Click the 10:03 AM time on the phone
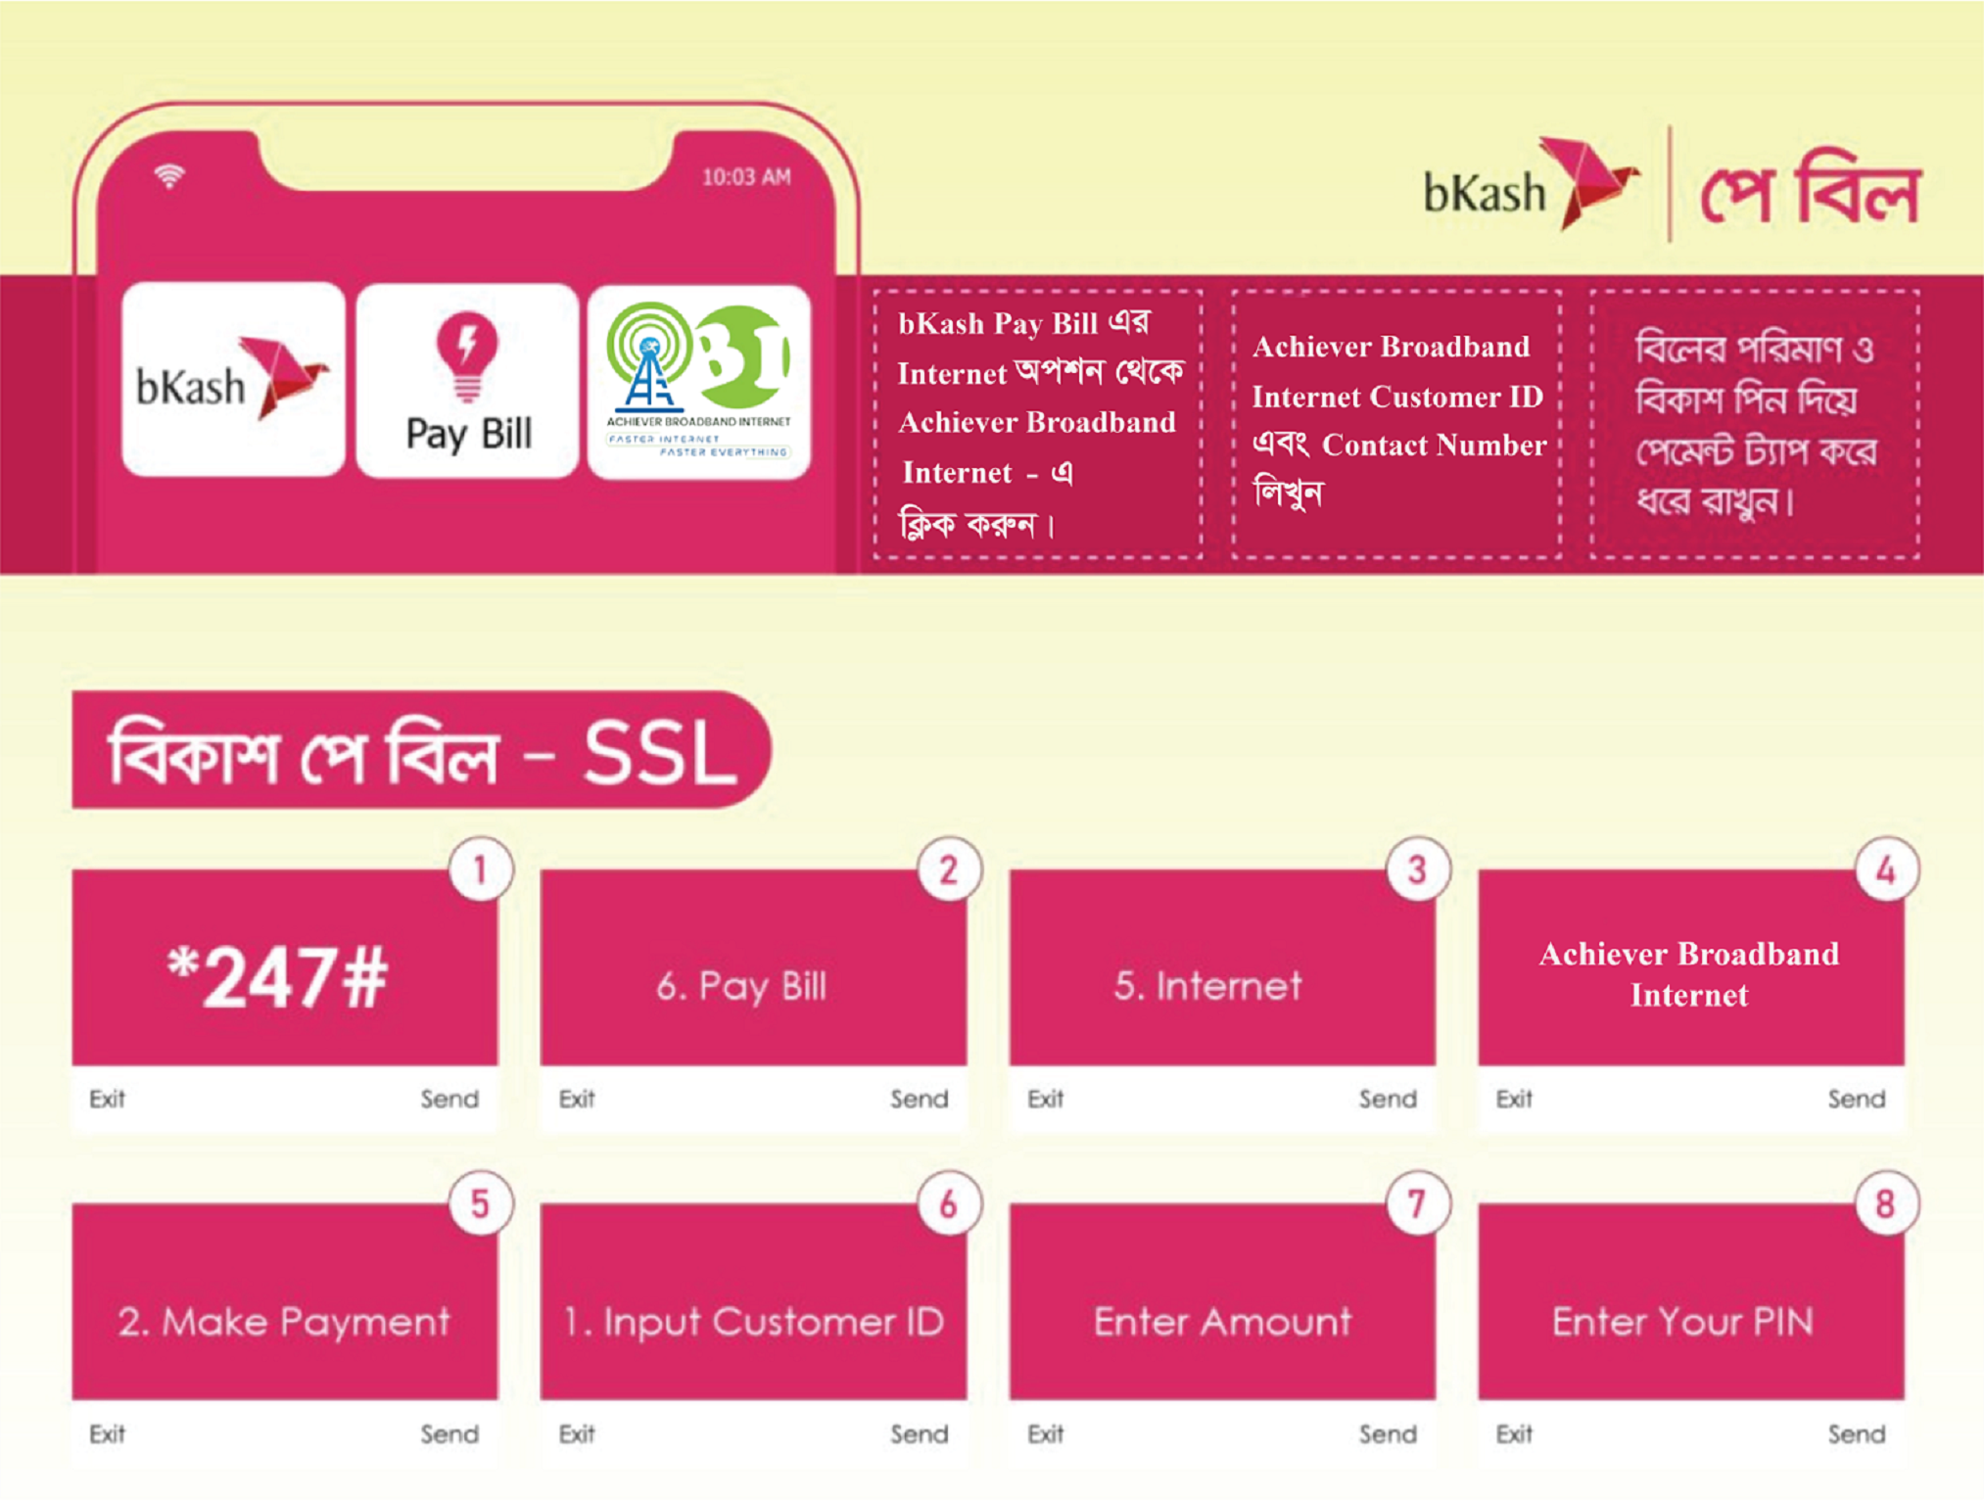[x=746, y=177]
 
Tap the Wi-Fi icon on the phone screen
[x=169, y=176]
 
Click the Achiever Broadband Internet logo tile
[x=699, y=381]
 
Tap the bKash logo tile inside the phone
[x=233, y=379]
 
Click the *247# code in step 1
[x=277, y=977]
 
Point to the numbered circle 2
[x=948, y=869]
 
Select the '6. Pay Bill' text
[x=741, y=986]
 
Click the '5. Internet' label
[x=1207, y=985]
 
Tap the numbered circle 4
[x=1886, y=869]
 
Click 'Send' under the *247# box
[x=449, y=1099]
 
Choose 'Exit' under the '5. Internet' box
[x=1045, y=1099]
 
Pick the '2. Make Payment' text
[x=284, y=1322]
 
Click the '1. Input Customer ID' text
[x=753, y=1322]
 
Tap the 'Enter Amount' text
[x=1222, y=1321]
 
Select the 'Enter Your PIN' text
[x=1682, y=1321]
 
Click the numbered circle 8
[x=1886, y=1203]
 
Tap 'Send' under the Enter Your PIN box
[x=1857, y=1433]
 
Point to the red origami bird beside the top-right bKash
[x=1587, y=182]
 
